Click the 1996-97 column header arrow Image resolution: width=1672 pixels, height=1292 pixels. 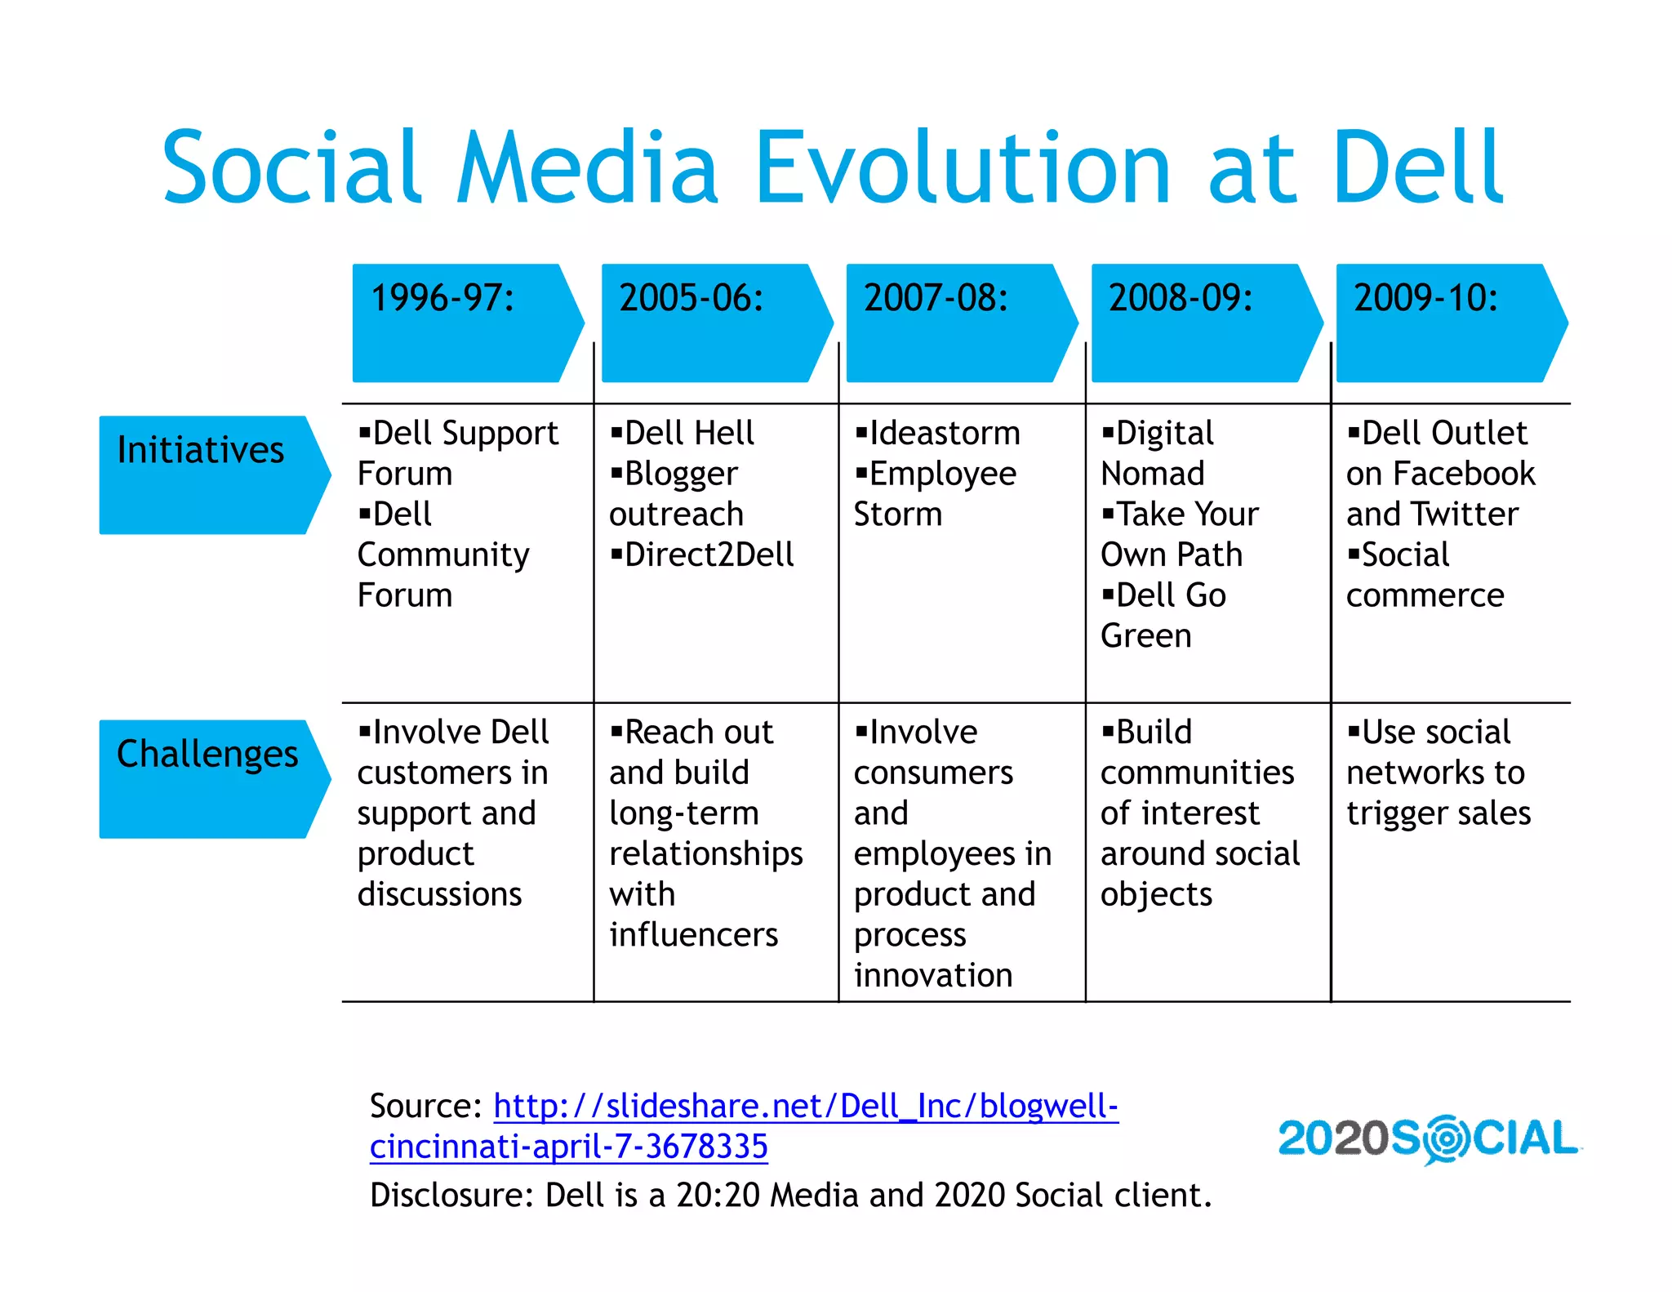[466, 323]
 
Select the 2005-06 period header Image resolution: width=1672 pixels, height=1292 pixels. [715, 323]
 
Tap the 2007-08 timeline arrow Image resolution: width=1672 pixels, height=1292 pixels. [960, 323]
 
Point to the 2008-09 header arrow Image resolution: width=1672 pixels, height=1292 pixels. [1205, 323]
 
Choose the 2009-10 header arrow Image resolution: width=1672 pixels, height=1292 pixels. [1450, 323]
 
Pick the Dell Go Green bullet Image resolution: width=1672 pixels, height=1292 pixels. [1163, 615]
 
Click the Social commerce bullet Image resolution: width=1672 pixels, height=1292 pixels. [1425, 575]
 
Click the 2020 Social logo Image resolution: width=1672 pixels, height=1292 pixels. [1429, 1138]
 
